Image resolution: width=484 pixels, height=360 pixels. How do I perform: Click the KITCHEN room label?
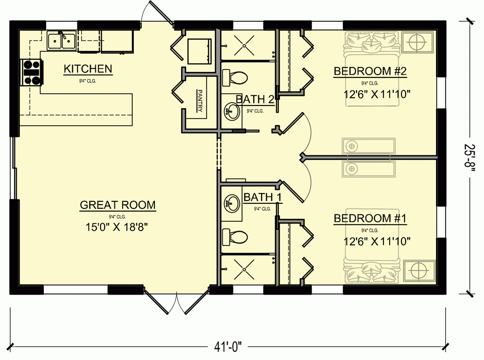88,69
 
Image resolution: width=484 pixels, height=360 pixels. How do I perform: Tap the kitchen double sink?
62,41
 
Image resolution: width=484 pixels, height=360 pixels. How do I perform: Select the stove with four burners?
31,73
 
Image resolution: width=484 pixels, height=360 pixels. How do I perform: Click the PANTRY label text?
200,101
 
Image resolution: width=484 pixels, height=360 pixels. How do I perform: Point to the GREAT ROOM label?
118,205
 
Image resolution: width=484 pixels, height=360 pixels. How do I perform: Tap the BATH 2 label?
255,99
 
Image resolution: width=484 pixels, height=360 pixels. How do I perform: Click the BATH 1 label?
263,197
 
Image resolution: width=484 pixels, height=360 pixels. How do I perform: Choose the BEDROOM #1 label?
370,218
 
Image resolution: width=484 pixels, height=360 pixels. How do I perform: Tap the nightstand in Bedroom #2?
417,42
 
